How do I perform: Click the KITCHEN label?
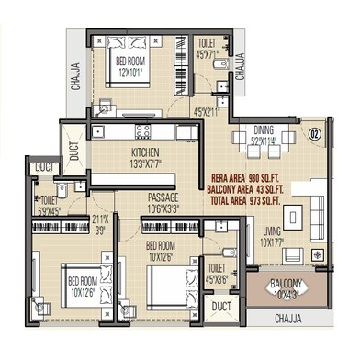click(x=147, y=153)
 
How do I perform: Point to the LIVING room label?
click(x=272, y=231)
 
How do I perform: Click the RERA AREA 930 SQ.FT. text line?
click(x=246, y=176)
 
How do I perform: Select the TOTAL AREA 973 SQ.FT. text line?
click(x=246, y=198)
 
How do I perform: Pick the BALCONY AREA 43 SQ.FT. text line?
click(x=246, y=187)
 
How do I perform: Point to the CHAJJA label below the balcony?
click(x=292, y=319)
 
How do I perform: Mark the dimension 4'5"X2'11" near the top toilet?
click(x=206, y=112)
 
